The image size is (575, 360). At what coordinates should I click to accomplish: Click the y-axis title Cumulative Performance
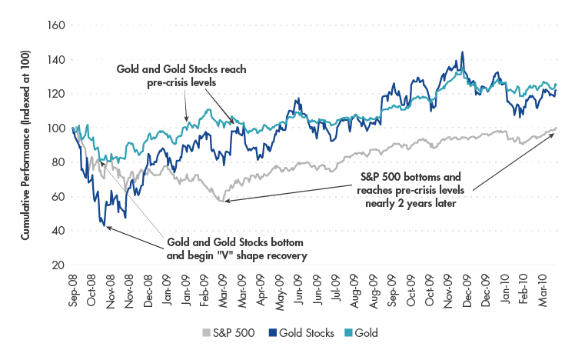pos(25,146)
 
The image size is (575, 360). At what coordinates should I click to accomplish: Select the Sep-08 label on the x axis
pos(73,289)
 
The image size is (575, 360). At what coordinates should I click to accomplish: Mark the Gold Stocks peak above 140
pos(462,53)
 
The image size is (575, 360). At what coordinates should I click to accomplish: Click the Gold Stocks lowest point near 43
pos(103,225)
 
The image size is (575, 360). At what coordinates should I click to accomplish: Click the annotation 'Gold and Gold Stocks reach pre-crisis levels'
pos(181,75)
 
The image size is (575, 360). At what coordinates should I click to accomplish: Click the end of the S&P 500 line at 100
pos(556,128)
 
